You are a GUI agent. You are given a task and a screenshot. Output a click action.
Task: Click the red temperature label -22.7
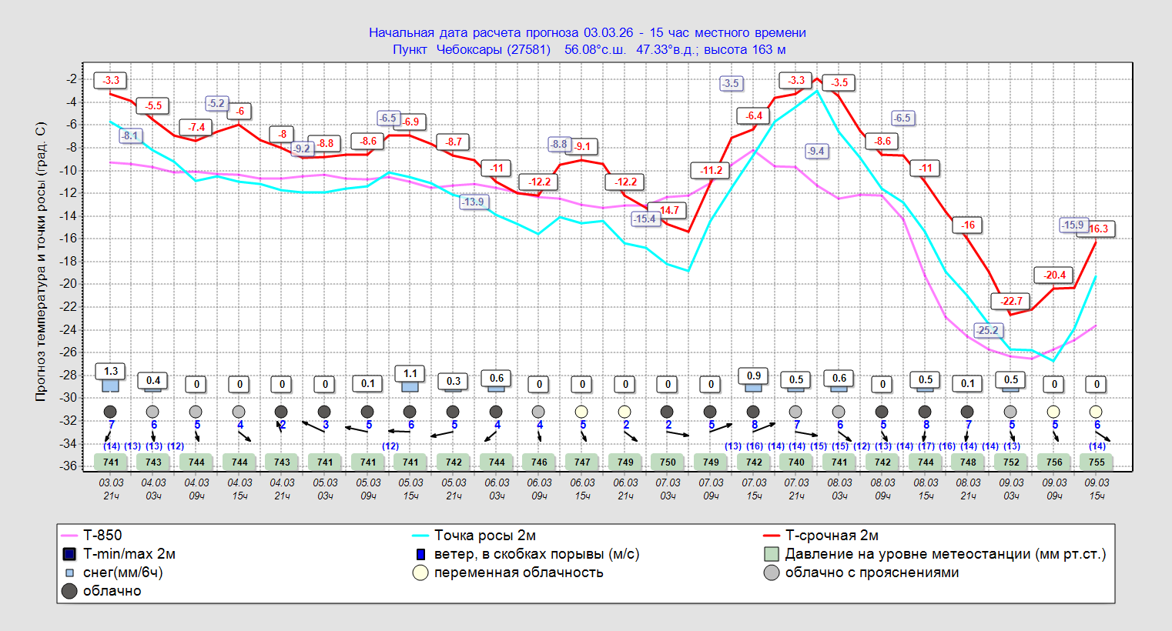click(x=1011, y=301)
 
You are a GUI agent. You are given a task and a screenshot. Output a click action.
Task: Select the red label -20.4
click(x=1054, y=275)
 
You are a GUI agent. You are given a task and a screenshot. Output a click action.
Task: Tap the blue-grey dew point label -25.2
click(x=987, y=330)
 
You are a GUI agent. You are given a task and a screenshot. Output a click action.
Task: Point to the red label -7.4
click(x=196, y=127)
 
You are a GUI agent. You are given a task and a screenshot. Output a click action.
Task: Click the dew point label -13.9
click(x=473, y=202)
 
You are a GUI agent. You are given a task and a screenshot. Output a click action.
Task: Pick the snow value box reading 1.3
click(x=111, y=371)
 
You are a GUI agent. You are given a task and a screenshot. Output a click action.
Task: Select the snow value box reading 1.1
click(x=410, y=373)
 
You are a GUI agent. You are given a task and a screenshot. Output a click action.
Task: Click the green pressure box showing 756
click(x=1054, y=462)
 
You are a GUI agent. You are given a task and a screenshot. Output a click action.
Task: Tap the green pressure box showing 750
click(x=668, y=462)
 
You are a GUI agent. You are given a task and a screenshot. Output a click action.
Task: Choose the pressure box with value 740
click(x=796, y=462)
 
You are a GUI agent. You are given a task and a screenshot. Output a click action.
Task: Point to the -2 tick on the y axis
click(x=72, y=79)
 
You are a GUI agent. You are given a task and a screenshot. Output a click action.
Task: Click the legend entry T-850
click(x=102, y=536)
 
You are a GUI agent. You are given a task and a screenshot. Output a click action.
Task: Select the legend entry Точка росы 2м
click(x=484, y=536)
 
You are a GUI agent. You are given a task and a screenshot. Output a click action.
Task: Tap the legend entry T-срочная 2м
click(x=831, y=536)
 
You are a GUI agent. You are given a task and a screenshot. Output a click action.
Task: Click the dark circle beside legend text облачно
click(x=69, y=591)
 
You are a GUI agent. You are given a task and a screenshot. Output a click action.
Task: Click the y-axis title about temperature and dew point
click(x=41, y=262)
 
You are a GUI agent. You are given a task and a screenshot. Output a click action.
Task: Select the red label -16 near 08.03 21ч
click(x=968, y=225)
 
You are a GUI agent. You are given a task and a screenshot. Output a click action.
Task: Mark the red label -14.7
click(x=668, y=210)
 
